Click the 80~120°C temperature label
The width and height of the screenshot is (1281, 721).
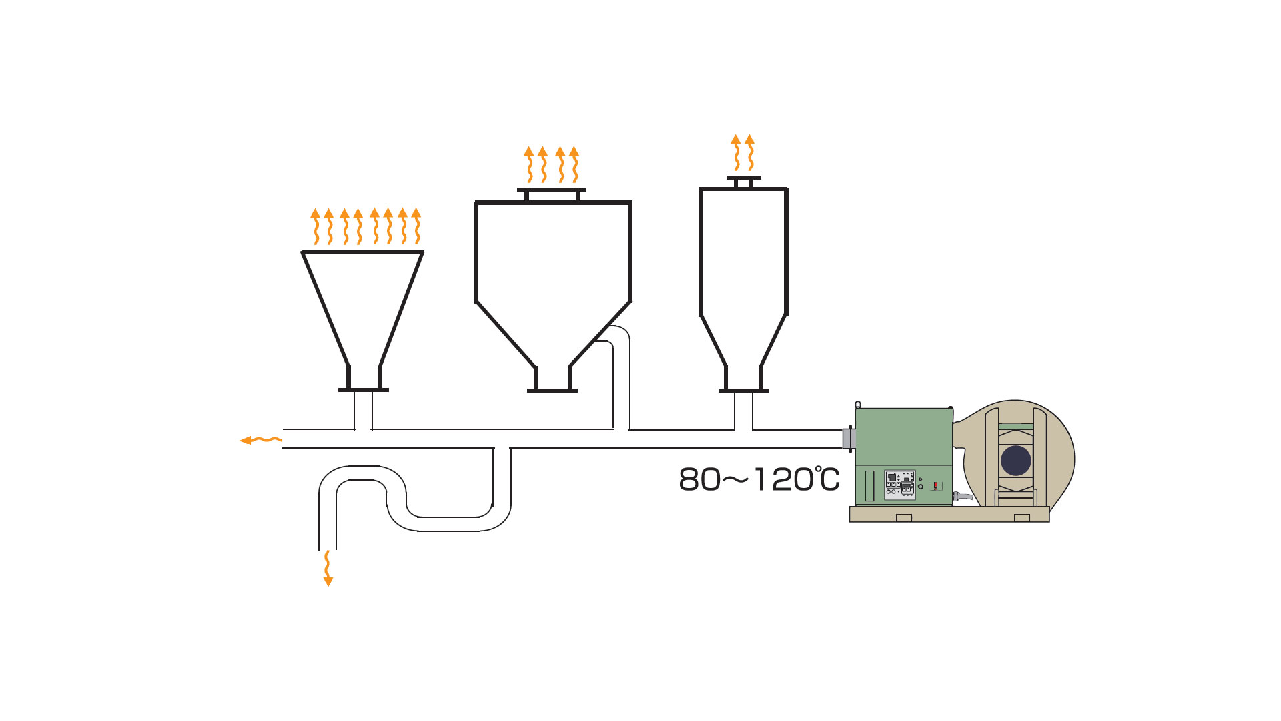(759, 479)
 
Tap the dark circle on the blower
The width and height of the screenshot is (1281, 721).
(1016, 461)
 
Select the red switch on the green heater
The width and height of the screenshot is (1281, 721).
(935, 485)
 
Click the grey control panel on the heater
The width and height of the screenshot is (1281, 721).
(899, 485)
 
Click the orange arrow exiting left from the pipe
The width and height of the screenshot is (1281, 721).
(261, 440)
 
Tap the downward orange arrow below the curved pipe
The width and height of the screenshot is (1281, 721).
(328, 568)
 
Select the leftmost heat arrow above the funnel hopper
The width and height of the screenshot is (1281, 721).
(316, 226)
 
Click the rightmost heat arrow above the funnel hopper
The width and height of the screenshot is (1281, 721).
(416, 226)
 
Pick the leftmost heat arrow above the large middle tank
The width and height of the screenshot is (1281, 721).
(529, 164)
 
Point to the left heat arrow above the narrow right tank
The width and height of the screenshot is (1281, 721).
(736, 152)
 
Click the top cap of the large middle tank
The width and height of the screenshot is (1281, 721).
(552, 194)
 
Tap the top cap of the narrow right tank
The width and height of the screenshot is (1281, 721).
(743, 182)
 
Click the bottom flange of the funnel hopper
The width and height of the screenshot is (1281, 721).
(364, 390)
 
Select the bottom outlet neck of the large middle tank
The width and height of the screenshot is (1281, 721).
(552, 379)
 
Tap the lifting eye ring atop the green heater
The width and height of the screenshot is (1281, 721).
(858, 405)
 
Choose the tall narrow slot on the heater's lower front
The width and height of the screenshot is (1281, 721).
(869, 486)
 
